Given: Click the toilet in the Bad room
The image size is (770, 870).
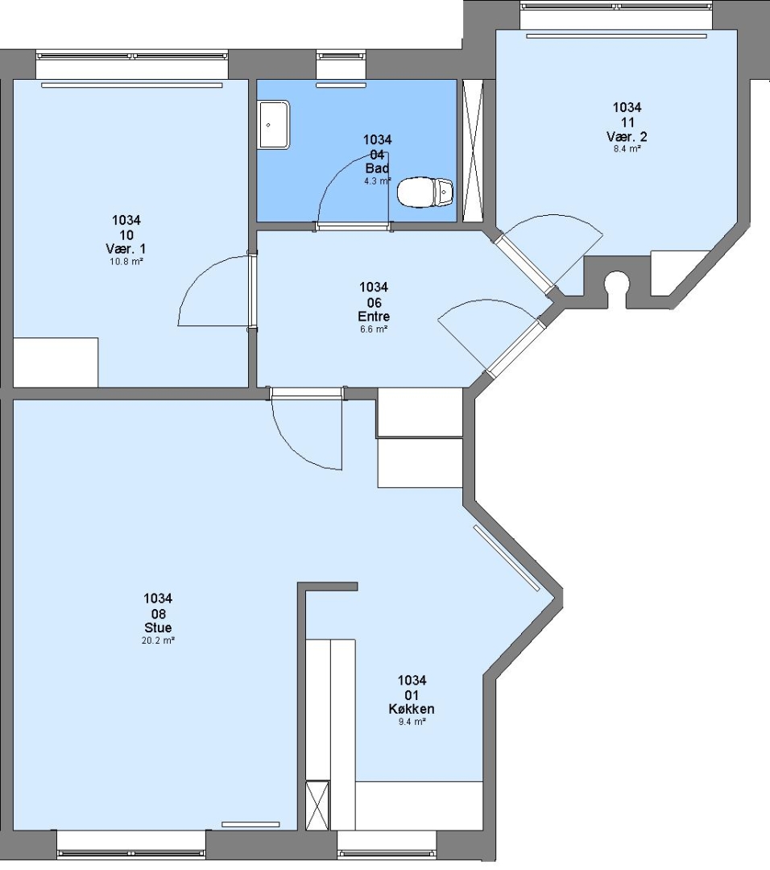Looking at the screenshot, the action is click(425, 192).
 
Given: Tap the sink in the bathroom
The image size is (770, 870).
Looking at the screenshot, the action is click(274, 124).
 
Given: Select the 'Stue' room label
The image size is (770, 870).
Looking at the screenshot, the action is click(158, 628).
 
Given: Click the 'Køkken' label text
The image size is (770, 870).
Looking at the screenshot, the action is click(412, 709).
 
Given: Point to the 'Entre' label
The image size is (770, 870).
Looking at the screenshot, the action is click(374, 317).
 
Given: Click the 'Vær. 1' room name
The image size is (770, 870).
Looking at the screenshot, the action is click(126, 249).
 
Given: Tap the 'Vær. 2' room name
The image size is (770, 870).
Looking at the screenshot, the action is click(627, 136).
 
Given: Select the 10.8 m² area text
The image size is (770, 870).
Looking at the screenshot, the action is click(126, 261).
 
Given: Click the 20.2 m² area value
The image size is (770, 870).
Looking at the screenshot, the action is click(158, 640).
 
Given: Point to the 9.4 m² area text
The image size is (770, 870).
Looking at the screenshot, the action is click(412, 721).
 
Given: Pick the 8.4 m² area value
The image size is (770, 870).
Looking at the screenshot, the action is click(627, 149).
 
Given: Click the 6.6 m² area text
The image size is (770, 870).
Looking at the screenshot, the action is click(374, 329).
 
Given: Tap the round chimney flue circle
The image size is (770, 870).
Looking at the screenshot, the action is click(615, 281).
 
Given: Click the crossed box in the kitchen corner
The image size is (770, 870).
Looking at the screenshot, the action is click(318, 805).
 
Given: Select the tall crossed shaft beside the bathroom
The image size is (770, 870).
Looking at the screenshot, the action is click(474, 151).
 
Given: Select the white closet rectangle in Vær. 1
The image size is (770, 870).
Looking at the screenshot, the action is click(56, 362).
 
